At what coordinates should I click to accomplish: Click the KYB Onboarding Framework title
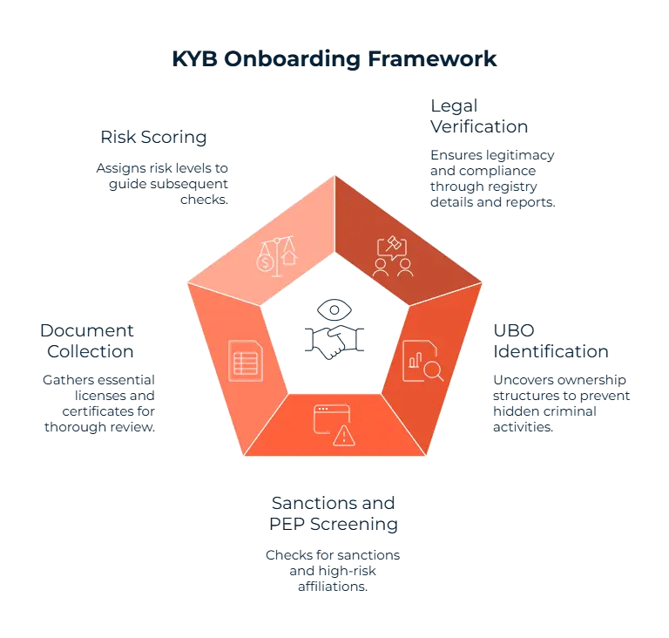click(334, 60)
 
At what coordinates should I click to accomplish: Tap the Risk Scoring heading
click(154, 138)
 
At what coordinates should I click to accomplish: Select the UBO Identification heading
click(549, 342)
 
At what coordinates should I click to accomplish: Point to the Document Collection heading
click(87, 342)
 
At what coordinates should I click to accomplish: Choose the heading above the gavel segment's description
click(478, 115)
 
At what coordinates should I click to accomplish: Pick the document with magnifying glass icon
click(423, 360)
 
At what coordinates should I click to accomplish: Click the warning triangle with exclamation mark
click(346, 434)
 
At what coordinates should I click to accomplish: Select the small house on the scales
click(287, 257)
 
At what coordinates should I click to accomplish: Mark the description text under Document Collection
click(99, 403)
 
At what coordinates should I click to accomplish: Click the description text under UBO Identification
click(561, 403)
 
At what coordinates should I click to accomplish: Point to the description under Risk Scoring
click(164, 181)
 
